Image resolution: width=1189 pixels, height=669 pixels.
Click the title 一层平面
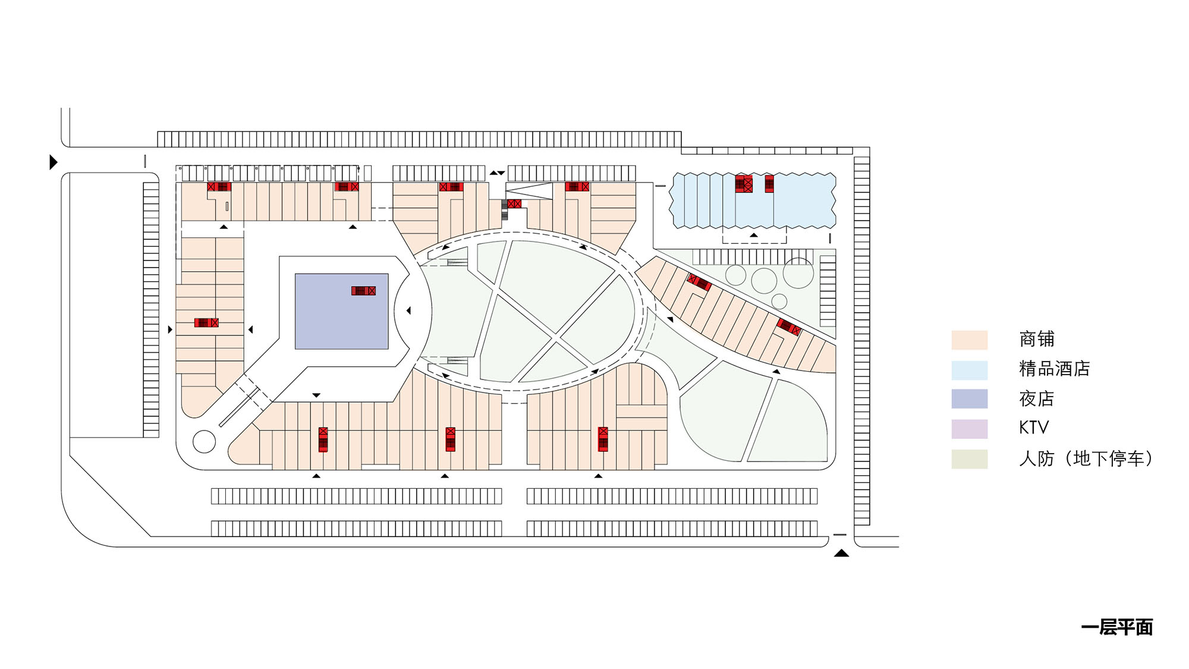pos(1117,627)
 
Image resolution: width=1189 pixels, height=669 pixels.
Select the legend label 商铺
pos(1037,339)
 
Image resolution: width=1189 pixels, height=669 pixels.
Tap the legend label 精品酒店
pos(1055,369)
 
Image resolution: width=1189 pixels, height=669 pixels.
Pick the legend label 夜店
pos(1037,398)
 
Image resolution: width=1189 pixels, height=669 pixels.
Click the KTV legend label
pos(1034,428)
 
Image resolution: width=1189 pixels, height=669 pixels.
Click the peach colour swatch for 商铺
pos(970,340)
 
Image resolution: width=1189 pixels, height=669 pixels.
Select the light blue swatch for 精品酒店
pos(970,370)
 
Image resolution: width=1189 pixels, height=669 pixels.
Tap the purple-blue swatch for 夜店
pos(970,399)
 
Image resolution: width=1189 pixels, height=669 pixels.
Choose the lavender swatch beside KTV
pos(970,429)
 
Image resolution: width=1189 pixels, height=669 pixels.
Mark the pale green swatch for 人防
pos(970,459)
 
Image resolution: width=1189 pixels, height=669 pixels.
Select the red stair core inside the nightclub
pos(363,291)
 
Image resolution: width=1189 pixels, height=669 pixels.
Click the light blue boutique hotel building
pos(753,200)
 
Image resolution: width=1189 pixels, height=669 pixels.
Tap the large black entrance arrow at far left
pos(54,162)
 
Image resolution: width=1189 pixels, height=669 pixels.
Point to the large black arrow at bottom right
pos(841,553)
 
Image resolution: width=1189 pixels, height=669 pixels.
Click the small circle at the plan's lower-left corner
pos(204,442)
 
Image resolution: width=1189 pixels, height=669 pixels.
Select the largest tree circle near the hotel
pos(798,273)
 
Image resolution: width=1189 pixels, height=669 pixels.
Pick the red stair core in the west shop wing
pos(206,323)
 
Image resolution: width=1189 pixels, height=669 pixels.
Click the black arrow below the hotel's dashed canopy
pos(754,235)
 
